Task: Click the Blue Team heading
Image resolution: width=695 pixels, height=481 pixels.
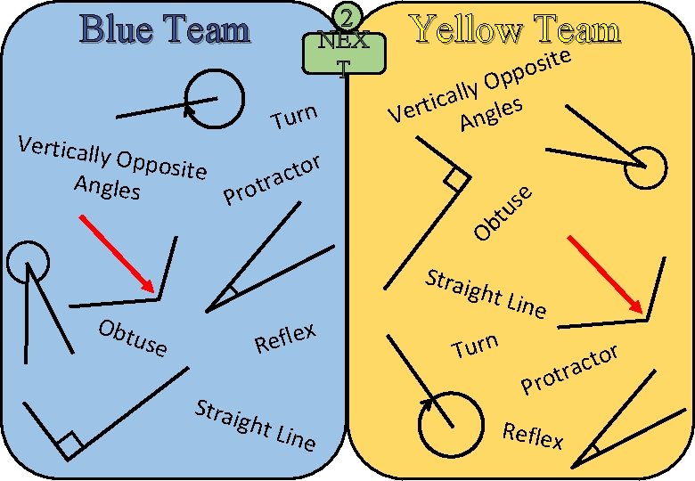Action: pos(165,29)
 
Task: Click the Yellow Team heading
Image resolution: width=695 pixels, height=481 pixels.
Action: pos(515,29)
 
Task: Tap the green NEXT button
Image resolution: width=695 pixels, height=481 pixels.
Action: pos(344,53)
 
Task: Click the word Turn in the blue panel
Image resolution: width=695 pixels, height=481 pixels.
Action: pos(294,117)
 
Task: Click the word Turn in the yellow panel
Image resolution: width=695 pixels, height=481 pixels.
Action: pos(474,345)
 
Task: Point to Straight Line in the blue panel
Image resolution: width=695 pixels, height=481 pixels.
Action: pos(255,425)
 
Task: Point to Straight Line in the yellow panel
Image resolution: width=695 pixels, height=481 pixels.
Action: pos(486,293)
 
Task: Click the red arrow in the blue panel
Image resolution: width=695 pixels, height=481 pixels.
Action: pos(119,253)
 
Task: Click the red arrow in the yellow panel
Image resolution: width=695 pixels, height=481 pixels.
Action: pos(607,274)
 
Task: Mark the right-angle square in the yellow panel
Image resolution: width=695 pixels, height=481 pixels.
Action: pos(456,180)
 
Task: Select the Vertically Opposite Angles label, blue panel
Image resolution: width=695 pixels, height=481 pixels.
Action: pos(111,167)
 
